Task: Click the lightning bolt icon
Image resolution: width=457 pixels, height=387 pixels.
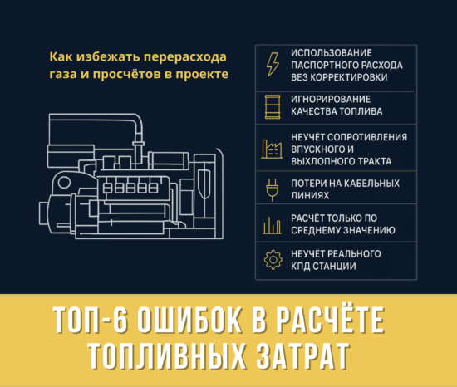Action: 272,64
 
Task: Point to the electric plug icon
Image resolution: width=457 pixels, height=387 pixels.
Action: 272,189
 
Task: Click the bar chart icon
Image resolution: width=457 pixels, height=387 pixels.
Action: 272,224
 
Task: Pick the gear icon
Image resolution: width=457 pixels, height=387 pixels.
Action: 272,260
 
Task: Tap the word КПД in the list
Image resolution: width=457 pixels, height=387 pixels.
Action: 301,266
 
